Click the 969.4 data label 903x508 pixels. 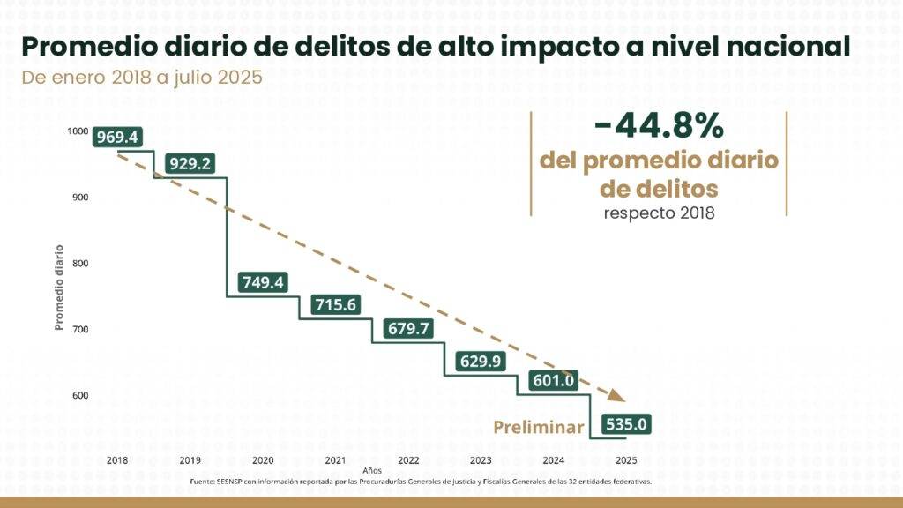[x=117, y=138]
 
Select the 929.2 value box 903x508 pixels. [x=190, y=164]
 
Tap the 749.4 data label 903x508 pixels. [x=263, y=282]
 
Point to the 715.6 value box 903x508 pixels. [x=336, y=304]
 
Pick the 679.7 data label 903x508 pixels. [x=409, y=328]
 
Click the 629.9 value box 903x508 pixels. [x=482, y=361]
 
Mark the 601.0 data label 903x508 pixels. [x=554, y=380]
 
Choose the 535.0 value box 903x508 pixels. [x=627, y=424]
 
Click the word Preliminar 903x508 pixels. [x=539, y=428]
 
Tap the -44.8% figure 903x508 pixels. [x=659, y=127]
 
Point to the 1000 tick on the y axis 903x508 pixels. [x=78, y=131]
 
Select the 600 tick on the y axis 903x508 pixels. [x=79, y=395]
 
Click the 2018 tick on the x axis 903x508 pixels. [x=117, y=460]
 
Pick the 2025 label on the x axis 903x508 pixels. [x=627, y=460]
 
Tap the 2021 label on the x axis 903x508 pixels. [x=335, y=460]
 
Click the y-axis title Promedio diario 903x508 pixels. [x=59, y=288]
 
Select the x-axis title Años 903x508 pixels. [x=371, y=472]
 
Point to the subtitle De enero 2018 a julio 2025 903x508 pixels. [x=142, y=77]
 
